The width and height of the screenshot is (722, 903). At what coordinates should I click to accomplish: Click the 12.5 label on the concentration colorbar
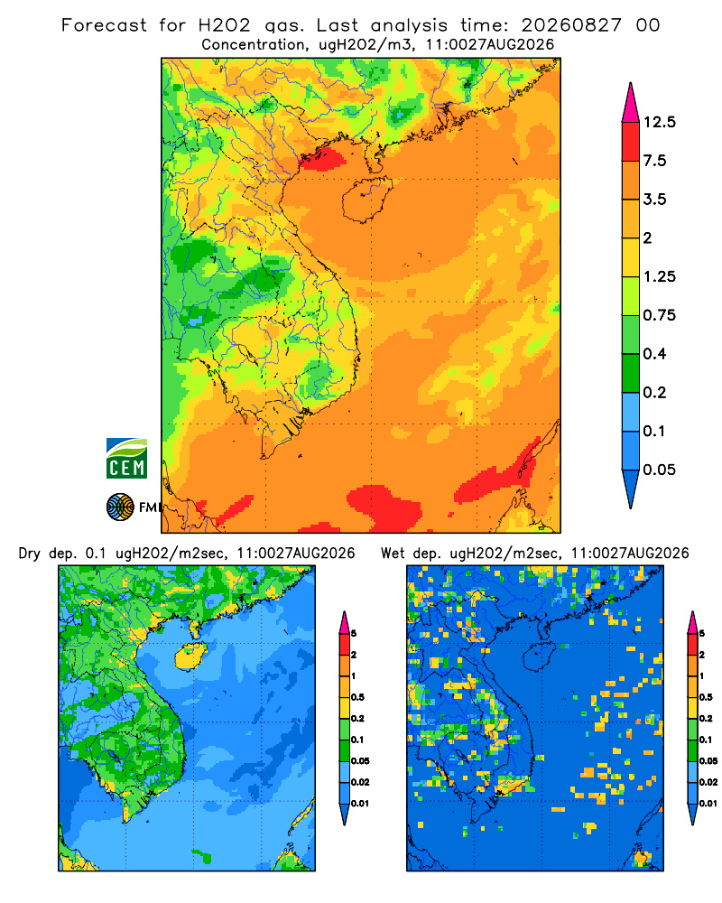pyautogui.click(x=659, y=122)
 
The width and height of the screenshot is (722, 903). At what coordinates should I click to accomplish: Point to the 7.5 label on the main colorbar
pyautogui.click(x=654, y=161)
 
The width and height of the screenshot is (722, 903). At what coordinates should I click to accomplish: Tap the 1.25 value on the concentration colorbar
pyautogui.click(x=659, y=276)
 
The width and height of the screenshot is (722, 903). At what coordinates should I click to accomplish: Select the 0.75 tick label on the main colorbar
pyautogui.click(x=659, y=315)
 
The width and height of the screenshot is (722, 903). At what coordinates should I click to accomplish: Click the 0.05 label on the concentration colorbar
pyautogui.click(x=659, y=470)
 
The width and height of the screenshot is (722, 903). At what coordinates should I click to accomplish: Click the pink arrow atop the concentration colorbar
pyautogui.click(x=631, y=103)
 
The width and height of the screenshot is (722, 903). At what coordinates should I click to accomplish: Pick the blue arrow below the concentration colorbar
pyautogui.click(x=631, y=489)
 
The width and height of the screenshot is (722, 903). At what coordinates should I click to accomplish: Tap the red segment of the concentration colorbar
pyautogui.click(x=631, y=142)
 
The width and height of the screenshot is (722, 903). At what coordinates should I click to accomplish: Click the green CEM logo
pyautogui.click(x=126, y=458)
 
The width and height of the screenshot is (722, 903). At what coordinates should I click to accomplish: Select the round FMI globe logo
pyautogui.click(x=120, y=507)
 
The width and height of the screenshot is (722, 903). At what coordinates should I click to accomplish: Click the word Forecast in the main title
pyautogui.click(x=104, y=25)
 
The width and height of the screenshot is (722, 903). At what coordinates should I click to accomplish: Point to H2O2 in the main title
pyautogui.click(x=225, y=25)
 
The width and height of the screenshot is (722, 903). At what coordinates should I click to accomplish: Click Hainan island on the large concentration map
pyautogui.click(x=366, y=200)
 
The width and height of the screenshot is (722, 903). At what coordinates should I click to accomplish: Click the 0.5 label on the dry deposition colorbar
pyautogui.click(x=357, y=697)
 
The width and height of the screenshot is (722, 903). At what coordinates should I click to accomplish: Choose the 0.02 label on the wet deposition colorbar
pyautogui.click(x=708, y=782)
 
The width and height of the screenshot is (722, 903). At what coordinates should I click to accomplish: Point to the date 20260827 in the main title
pyautogui.click(x=571, y=25)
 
